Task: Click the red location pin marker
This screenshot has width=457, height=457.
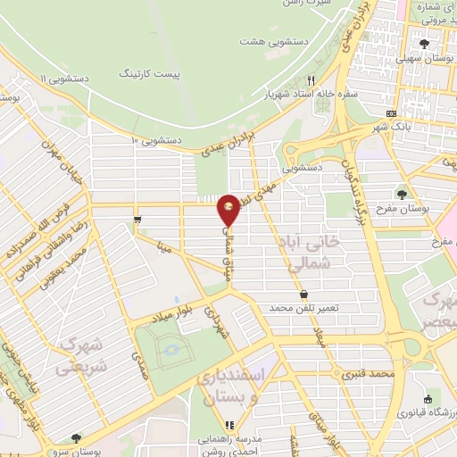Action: [228, 209]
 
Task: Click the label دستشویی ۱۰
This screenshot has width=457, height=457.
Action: [156, 140]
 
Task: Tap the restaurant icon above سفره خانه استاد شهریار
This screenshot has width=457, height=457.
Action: [312, 79]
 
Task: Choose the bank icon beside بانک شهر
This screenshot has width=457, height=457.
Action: [391, 113]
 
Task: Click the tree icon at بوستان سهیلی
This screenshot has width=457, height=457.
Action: [425, 43]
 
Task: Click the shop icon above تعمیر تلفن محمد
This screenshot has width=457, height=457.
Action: [303, 293]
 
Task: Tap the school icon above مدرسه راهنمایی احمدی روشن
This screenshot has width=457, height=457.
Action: [229, 425]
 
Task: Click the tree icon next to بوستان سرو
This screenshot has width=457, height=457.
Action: [76, 438]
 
